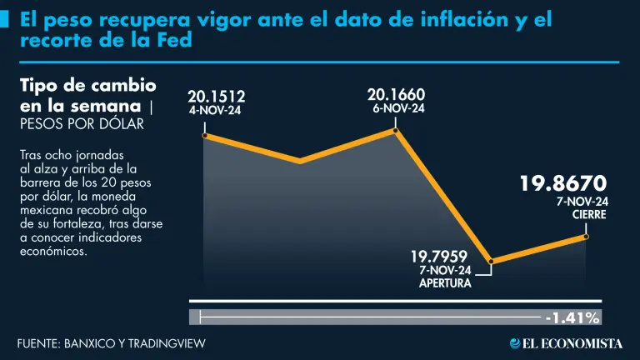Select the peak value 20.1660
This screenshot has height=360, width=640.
pyautogui.click(x=396, y=94)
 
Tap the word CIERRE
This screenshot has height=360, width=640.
pyautogui.click(x=588, y=214)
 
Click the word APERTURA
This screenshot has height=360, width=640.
pyautogui.click(x=445, y=282)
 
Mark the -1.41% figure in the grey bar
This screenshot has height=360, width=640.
pyautogui.click(x=572, y=317)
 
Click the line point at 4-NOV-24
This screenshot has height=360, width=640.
pyautogui.click(x=204, y=134)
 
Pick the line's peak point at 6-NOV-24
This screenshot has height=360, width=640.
pyautogui.click(x=397, y=130)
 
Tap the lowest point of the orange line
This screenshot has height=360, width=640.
pyautogui.click(x=492, y=262)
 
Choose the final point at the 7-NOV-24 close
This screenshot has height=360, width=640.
pyautogui.click(x=586, y=237)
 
